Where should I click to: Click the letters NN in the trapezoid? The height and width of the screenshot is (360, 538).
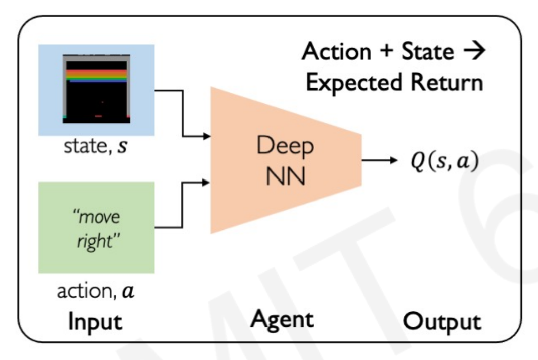(286, 176)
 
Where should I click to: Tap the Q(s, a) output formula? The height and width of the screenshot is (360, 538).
(445, 161)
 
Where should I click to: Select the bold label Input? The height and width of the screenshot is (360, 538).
(95, 322)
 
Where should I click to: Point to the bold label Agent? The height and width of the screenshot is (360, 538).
(282, 320)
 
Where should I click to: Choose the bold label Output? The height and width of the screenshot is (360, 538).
(442, 322)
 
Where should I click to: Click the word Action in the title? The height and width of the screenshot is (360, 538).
(336, 51)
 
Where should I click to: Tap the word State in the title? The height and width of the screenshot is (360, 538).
(428, 51)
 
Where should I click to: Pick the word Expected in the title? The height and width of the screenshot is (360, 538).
(354, 82)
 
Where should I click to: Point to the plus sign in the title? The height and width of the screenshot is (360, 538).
(387, 50)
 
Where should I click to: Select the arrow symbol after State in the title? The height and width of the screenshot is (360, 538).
(475, 50)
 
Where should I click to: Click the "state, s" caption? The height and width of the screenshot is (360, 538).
(95, 146)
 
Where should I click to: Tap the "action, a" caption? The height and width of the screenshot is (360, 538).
(95, 290)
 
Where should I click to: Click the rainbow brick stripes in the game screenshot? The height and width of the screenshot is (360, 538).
(96, 76)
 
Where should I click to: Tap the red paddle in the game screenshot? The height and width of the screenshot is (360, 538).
(98, 116)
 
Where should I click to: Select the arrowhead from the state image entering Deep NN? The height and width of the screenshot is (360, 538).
(207, 136)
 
